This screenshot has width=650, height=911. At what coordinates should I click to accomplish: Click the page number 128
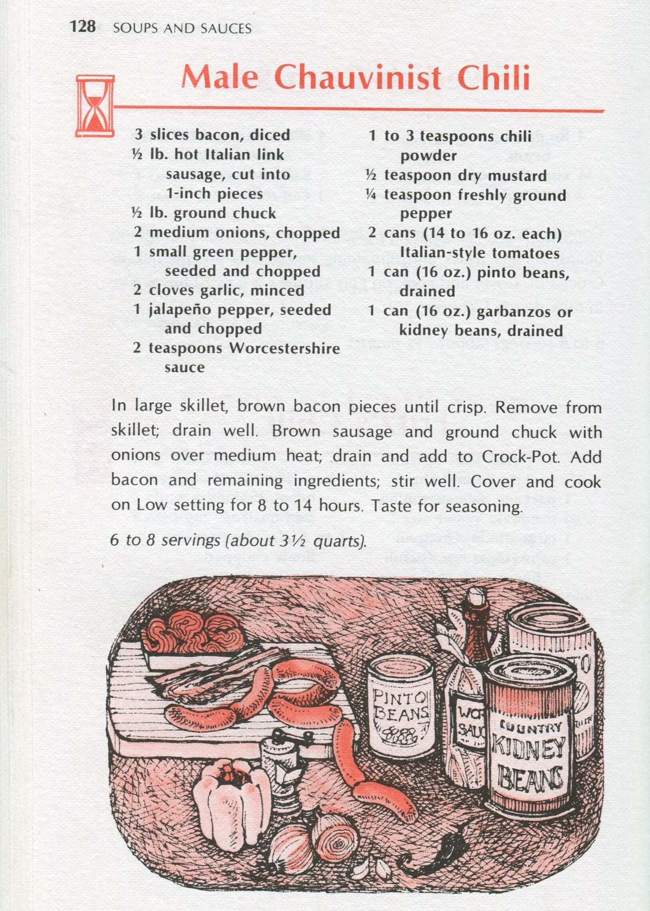[x=83, y=27]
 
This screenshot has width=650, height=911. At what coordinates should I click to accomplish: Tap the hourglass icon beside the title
[x=95, y=106]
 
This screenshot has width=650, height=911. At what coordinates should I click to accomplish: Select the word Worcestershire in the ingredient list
[x=285, y=348]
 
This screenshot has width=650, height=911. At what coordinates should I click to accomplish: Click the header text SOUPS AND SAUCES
[x=182, y=28]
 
